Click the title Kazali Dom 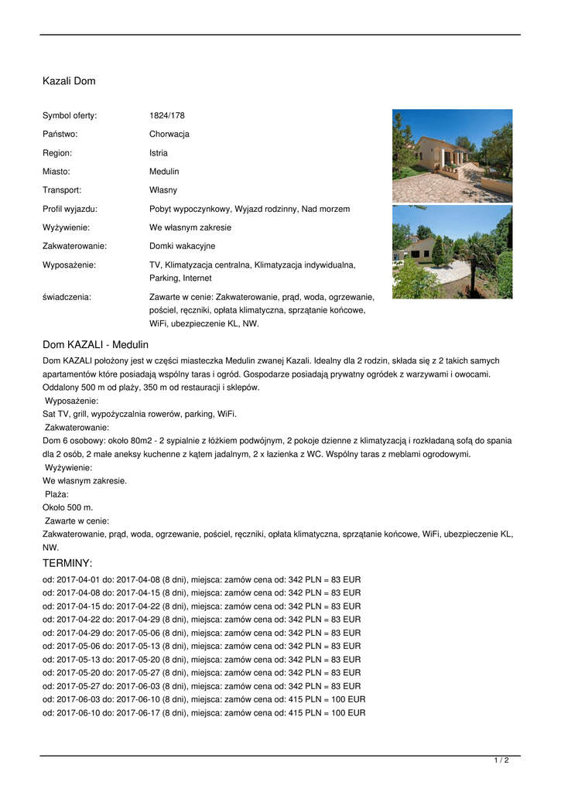coord(69,81)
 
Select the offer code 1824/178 coord(167,116)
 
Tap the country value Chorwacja coord(169,135)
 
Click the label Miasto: coord(56,172)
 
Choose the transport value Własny coord(163,190)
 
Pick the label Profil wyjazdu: coord(70,209)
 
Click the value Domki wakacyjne coord(182,246)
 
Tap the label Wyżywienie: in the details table coord(66,227)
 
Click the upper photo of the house coord(452,155)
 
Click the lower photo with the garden coord(452,252)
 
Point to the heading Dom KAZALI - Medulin coord(95,344)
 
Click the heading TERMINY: coord(67,563)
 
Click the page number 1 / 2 coord(501,761)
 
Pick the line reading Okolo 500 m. coord(68,507)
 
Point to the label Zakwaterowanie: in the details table coord(74,246)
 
